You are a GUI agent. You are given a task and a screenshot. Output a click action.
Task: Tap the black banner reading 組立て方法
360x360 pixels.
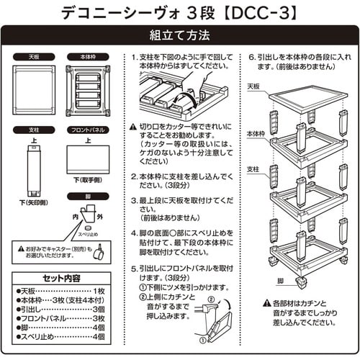(x=179, y=35)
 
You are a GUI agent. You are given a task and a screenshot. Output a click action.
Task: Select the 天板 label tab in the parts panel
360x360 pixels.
(x=33, y=56)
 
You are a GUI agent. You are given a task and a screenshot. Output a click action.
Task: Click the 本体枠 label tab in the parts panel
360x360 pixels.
(x=88, y=56)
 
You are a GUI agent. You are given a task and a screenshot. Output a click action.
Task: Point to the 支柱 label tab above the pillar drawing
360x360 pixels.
(x=33, y=131)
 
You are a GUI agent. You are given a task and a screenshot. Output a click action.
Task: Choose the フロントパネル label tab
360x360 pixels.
(x=88, y=131)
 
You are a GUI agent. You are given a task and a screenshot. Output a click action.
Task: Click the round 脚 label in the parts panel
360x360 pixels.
(x=89, y=197)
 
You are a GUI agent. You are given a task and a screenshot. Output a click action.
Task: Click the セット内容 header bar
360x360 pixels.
(x=60, y=277)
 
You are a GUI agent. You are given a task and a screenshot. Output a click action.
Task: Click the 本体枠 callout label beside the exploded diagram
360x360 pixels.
(x=258, y=133)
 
